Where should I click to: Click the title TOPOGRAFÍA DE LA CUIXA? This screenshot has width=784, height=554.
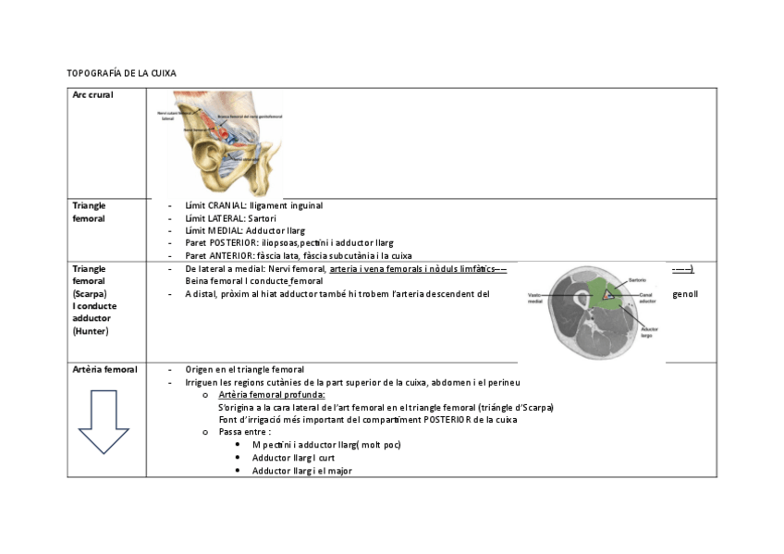[x=121, y=72]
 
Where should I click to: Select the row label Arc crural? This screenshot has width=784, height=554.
[x=92, y=95]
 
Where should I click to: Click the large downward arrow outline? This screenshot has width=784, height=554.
[x=103, y=421]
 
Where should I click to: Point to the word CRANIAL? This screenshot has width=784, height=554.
[x=226, y=205]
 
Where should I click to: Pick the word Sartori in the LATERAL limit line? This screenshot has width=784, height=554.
[x=263, y=218]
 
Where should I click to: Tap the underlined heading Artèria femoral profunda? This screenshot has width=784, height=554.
[x=272, y=395]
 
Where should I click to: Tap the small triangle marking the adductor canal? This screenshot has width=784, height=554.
[x=607, y=294]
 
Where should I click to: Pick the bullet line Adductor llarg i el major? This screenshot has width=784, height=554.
[x=301, y=471]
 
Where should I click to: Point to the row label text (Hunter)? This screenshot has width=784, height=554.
[x=91, y=330]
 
